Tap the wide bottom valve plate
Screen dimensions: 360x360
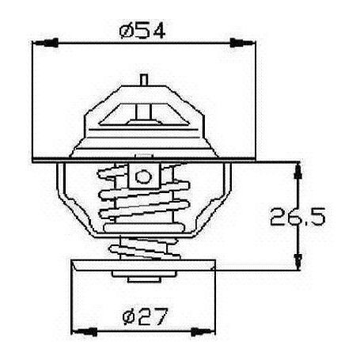143,266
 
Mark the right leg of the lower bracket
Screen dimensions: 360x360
225,198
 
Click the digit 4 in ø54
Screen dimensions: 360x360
161,32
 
